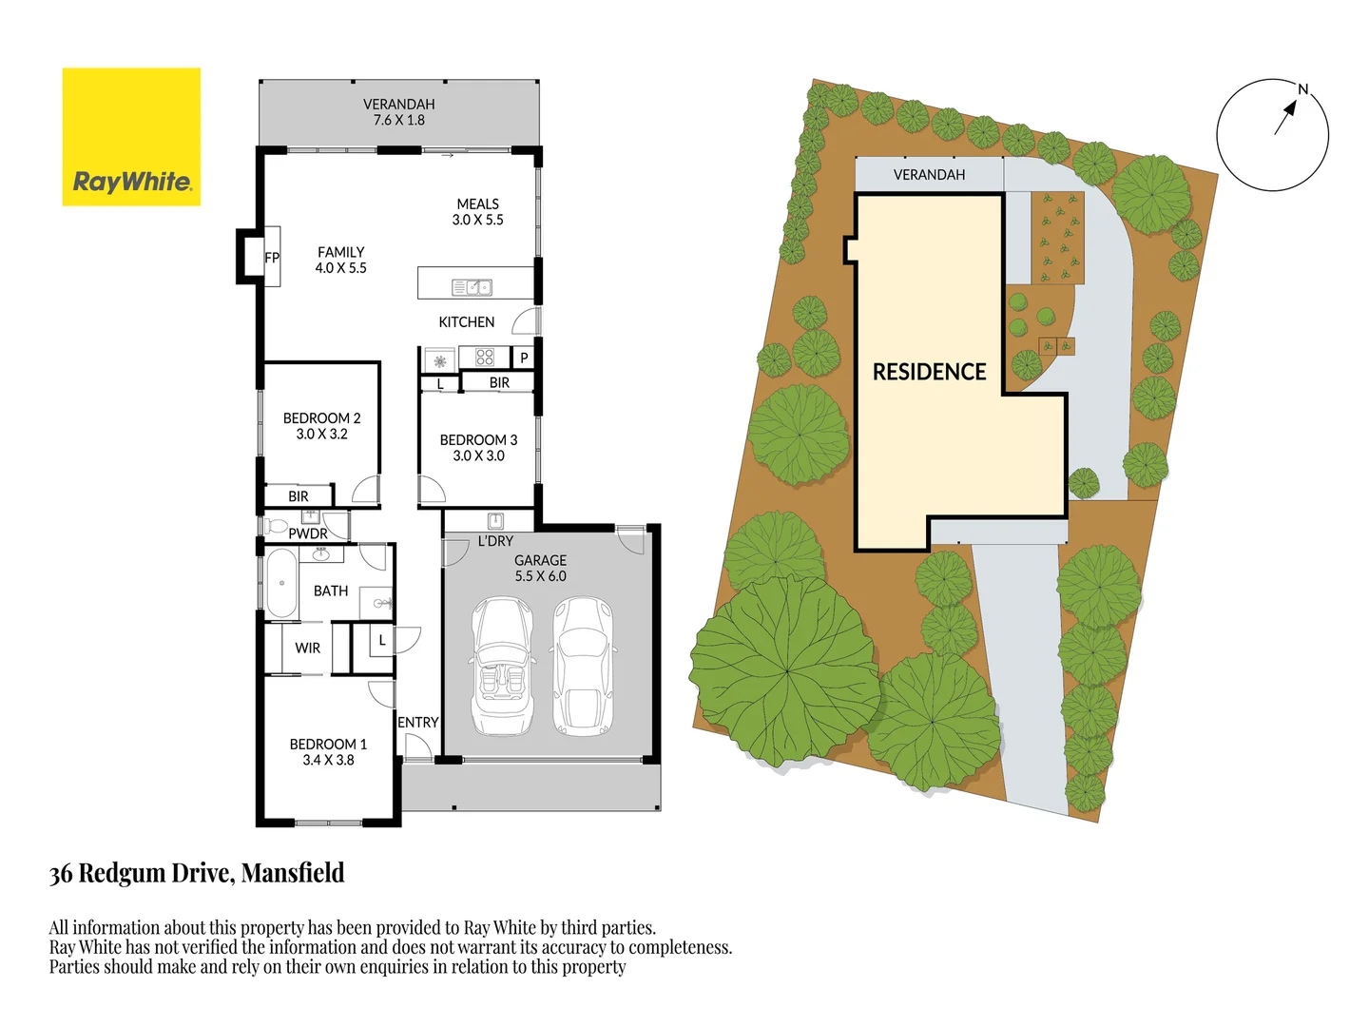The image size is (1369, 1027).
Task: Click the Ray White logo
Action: (131, 137)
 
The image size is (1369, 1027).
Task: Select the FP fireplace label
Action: (272, 258)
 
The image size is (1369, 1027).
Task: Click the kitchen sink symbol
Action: (472, 287)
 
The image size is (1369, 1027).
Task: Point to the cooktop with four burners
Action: (485, 358)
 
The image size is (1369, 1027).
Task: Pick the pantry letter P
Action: (524, 358)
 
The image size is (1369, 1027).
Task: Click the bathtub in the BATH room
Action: (281, 583)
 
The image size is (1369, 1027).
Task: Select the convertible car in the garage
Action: (503, 666)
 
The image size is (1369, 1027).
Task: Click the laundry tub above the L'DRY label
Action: (495, 520)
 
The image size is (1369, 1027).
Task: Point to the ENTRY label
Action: (418, 723)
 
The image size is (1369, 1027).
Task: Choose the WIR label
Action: (307, 649)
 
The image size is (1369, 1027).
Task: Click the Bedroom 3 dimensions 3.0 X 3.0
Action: (478, 456)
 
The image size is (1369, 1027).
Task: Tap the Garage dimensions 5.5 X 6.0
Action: (540, 576)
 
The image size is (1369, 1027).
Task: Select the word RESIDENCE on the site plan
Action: (929, 372)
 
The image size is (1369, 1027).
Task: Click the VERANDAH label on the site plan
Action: (929, 175)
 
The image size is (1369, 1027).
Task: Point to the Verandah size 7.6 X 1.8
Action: (399, 121)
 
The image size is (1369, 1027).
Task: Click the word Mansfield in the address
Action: (293, 873)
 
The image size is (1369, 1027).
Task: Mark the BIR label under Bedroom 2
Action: (299, 496)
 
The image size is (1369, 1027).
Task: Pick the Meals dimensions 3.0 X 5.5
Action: (477, 220)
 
